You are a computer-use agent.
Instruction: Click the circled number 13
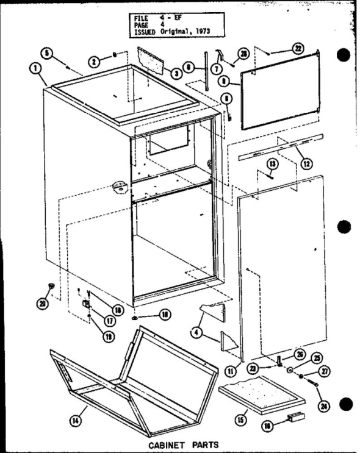[272, 163]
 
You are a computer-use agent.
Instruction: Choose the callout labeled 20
[41, 304]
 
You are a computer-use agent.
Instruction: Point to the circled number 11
[247, 368]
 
